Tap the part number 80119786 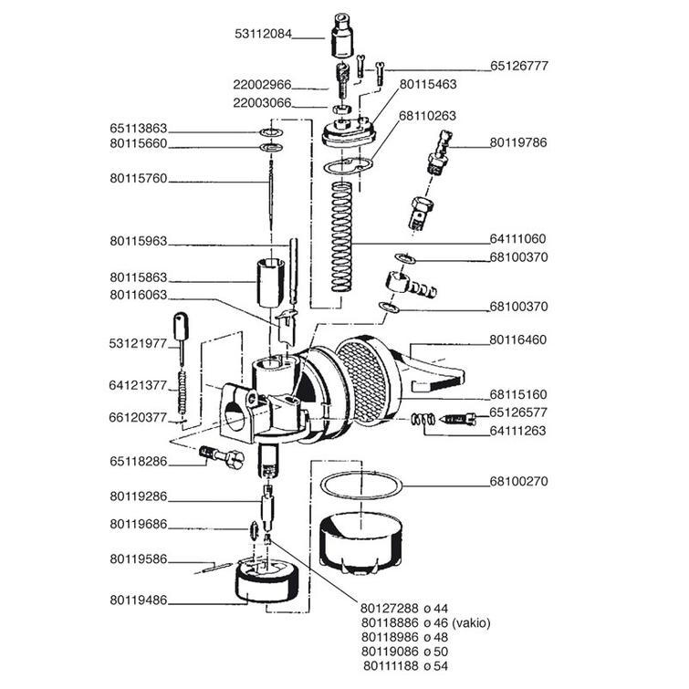[517, 143]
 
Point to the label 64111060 [517, 239]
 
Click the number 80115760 [138, 179]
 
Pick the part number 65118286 [138, 461]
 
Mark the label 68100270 [517, 481]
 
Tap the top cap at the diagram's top [342, 34]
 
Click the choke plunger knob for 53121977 [180, 326]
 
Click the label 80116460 [517, 339]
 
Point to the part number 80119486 [138, 600]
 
